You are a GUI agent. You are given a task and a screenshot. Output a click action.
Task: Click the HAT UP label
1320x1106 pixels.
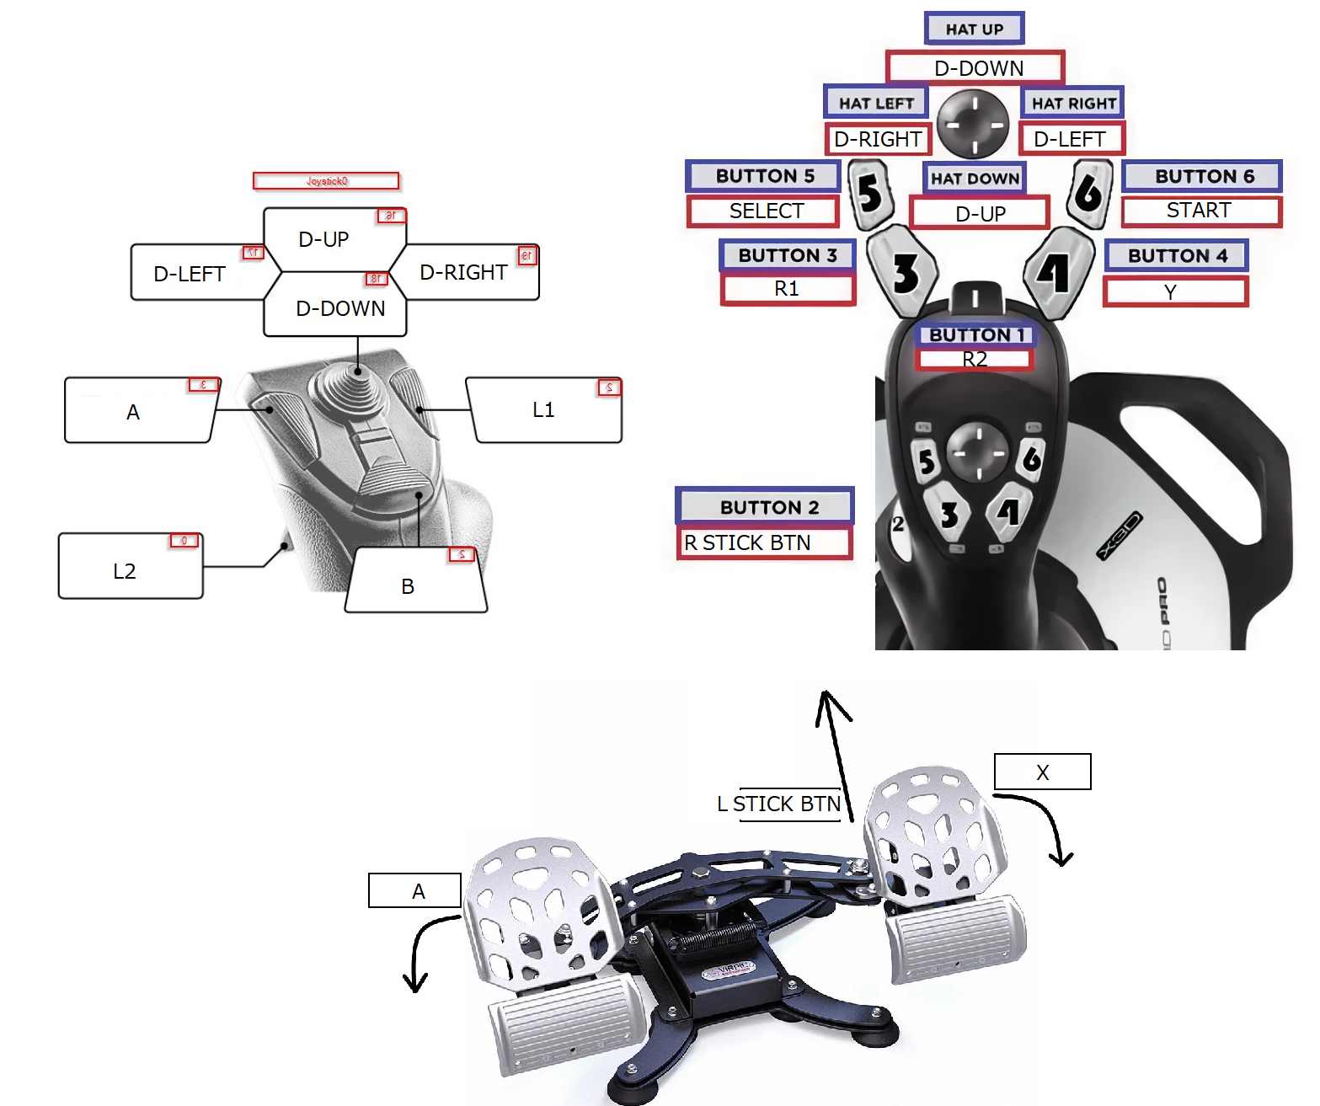tap(974, 29)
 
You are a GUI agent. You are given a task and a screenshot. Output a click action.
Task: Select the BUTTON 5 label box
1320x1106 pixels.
tap(764, 176)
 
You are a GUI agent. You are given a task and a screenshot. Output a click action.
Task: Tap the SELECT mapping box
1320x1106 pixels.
tap(764, 211)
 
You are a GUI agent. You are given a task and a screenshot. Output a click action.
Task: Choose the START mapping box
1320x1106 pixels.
tap(1200, 211)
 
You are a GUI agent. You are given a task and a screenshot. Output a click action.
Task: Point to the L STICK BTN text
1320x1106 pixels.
tap(779, 804)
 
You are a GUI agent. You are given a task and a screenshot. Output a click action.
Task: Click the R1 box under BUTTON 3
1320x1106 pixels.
tap(788, 289)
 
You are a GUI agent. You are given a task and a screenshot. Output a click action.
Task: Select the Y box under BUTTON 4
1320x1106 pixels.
tap(1174, 291)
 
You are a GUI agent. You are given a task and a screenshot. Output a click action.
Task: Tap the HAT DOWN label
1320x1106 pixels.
tap(975, 178)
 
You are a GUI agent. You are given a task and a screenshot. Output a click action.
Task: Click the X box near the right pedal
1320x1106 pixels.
tap(1042, 772)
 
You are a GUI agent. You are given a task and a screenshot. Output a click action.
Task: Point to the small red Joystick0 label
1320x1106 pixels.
tap(326, 181)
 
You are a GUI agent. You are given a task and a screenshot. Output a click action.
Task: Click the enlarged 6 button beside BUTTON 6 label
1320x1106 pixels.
tap(1089, 193)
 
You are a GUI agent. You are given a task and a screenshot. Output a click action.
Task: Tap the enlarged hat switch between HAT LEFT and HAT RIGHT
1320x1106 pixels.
tap(973, 124)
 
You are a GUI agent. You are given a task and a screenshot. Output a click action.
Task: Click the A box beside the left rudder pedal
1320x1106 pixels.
tap(415, 890)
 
